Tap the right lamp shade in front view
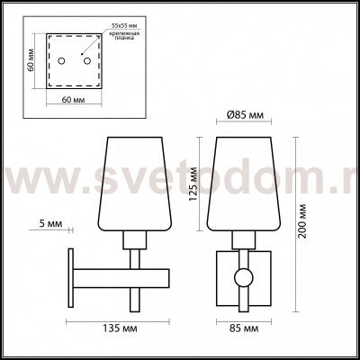tap(239, 182)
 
